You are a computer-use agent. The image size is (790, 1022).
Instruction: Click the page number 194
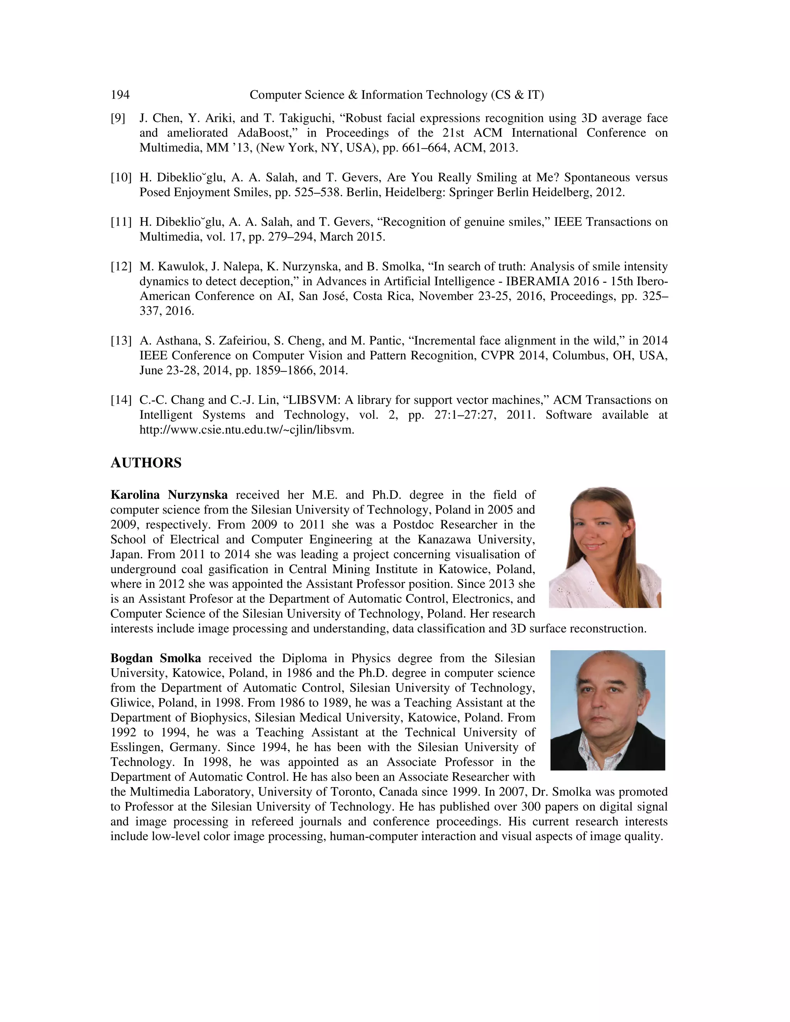(x=120, y=95)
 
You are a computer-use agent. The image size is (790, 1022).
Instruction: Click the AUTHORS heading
(x=146, y=463)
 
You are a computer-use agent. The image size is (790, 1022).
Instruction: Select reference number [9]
(x=118, y=118)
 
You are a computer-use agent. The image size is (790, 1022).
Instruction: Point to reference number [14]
(x=121, y=400)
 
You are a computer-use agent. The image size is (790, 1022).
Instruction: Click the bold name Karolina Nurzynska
(x=169, y=495)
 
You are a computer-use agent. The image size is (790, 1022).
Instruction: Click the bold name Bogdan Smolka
(x=155, y=658)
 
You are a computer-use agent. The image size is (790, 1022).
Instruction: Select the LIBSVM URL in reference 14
(x=246, y=430)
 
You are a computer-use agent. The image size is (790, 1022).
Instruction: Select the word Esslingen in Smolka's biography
(x=136, y=747)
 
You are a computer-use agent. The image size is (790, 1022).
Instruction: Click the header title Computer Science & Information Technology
(x=397, y=95)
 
